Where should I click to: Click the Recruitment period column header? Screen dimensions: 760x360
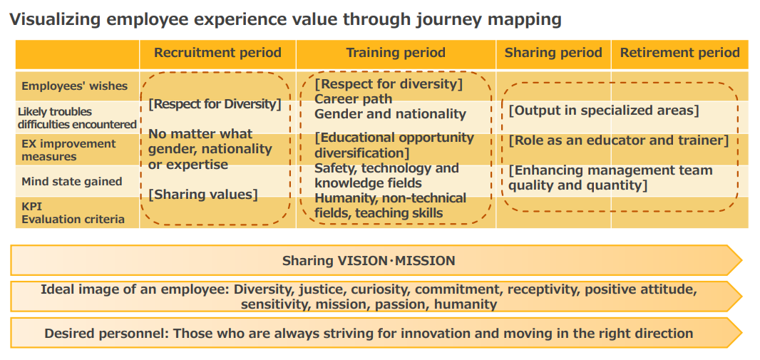tap(217, 53)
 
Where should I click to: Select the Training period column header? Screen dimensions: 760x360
tap(396, 53)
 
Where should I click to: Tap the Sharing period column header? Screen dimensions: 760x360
tap(553, 53)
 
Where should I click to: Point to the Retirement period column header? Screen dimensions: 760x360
tap(680, 53)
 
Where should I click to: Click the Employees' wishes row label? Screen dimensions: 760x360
tap(75, 86)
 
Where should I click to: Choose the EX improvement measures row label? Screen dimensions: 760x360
tap(69, 150)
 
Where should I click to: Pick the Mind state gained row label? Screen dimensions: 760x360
tap(72, 182)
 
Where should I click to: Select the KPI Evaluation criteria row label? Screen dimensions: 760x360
tap(73, 212)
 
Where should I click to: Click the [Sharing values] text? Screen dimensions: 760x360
tap(203, 195)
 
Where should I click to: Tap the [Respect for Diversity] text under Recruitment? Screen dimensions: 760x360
tap(215, 104)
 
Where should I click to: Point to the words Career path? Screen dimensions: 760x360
tap(354, 99)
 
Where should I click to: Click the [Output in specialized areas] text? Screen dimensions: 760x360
tap(604, 111)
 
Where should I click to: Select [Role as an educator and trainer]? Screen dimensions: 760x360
tap(619, 141)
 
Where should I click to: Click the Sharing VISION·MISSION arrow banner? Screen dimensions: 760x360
tap(376, 261)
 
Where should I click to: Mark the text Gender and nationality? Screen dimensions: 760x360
tap(390, 114)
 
